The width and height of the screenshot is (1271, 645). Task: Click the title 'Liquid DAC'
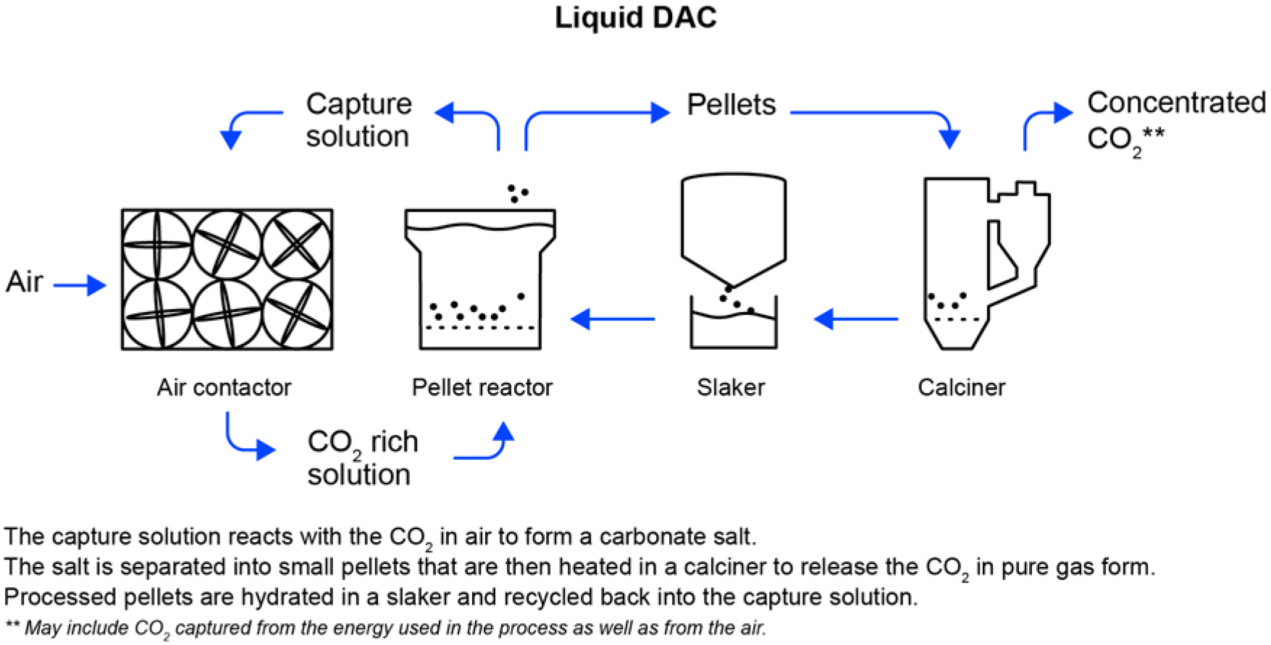[x=635, y=18]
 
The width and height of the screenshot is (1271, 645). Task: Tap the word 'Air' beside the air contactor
[x=25, y=282]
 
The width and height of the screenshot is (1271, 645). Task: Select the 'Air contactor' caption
[x=224, y=387]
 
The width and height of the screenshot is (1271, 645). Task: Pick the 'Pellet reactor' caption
[x=482, y=387]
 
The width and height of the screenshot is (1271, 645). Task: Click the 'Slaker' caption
[x=730, y=387]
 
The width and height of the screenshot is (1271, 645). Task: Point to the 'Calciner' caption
[x=961, y=387]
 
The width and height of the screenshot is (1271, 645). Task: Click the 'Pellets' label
[x=731, y=105]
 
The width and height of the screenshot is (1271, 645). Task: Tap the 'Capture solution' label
[x=358, y=120]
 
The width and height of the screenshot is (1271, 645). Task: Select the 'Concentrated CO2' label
[x=1175, y=120]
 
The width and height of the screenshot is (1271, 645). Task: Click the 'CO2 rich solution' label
[x=362, y=458]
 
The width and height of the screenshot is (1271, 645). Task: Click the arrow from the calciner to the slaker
[x=856, y=319]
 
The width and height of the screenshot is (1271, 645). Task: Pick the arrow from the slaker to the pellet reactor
[x=613, y=319]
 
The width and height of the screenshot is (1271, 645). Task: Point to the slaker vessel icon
[x=734, y=261]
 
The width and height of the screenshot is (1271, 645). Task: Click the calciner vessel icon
[x=985, y=264]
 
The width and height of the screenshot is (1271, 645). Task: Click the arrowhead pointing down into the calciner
[x=949, y=138]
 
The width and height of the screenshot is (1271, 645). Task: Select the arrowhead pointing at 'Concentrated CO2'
[x=1062, y=112]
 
